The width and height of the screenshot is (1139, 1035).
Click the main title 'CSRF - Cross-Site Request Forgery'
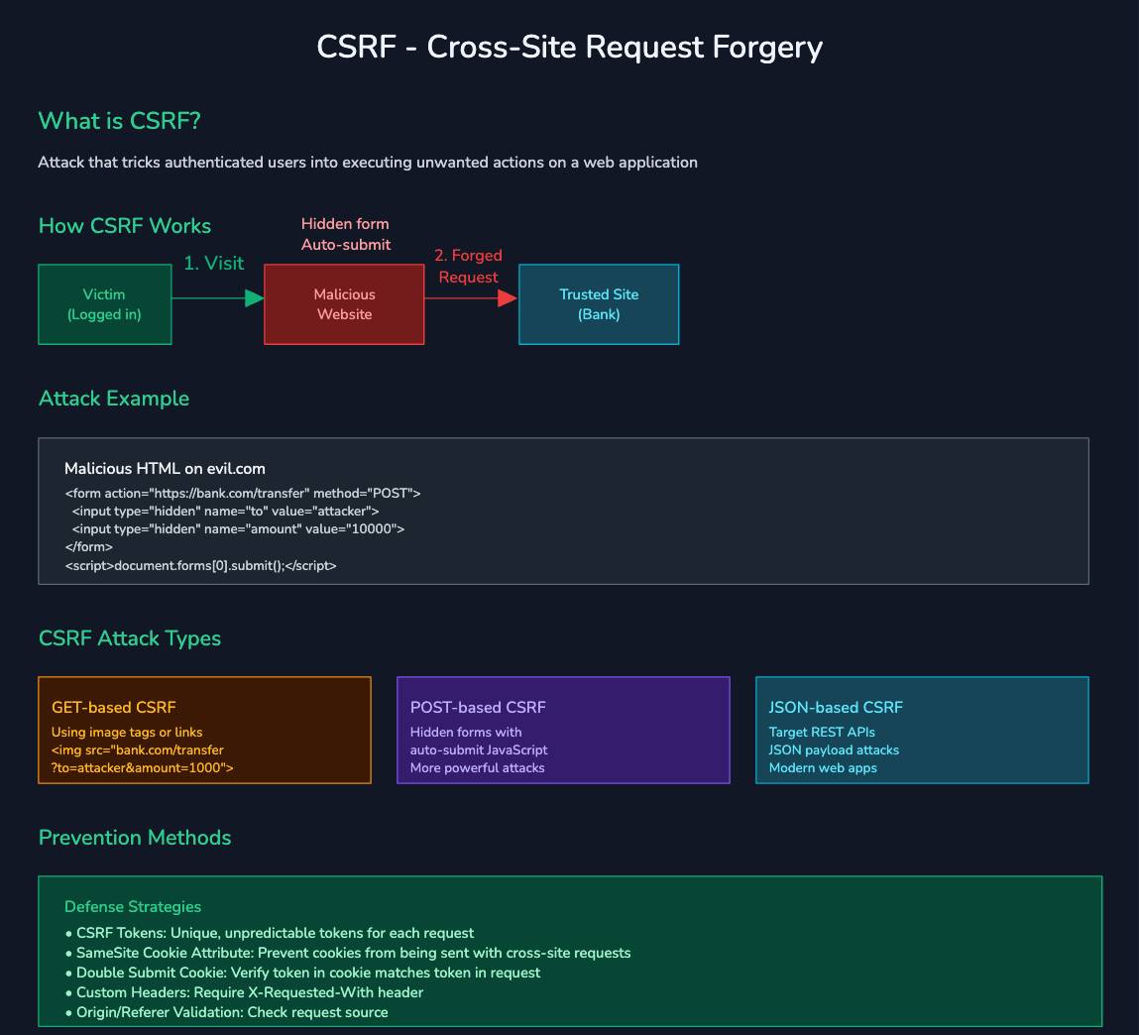click(569, 47)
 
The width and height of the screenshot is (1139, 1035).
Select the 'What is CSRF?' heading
click(119, 121)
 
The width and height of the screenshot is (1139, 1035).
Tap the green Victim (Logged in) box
click(104, 304)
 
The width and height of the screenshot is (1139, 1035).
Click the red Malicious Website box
click(344, 304)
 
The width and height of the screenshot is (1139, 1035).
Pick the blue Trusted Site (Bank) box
click(599, 304)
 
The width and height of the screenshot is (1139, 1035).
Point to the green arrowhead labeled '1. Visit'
click(255, 298)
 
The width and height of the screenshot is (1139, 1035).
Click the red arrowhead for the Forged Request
click(508, 298)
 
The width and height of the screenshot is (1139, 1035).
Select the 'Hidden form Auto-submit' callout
click(345, 234)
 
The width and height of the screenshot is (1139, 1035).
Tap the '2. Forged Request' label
click(468, 267)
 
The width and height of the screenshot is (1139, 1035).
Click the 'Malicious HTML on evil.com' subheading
click(165, 469)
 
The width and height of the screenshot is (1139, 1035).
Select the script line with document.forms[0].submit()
click(200, 566)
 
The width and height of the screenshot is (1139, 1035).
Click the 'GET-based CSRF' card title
click(113, 708)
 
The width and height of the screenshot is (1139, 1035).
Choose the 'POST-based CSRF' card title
click(478, 708)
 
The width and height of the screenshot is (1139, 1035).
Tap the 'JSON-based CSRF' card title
click(836, 708)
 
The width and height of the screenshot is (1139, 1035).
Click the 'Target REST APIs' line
click(822, 733)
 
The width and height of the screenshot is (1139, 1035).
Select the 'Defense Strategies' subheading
click(132, 907)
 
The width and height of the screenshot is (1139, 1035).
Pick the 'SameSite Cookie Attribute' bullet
click(347, 953)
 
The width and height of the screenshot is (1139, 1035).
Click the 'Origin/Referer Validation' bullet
click(226, 1012)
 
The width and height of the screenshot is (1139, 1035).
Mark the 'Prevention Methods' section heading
click(135, 838)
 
